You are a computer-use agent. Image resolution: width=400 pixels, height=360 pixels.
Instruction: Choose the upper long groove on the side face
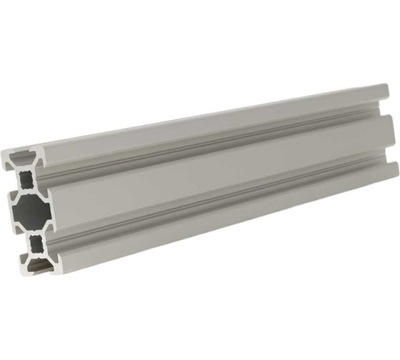pyautogui.click(x=214, y=143)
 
